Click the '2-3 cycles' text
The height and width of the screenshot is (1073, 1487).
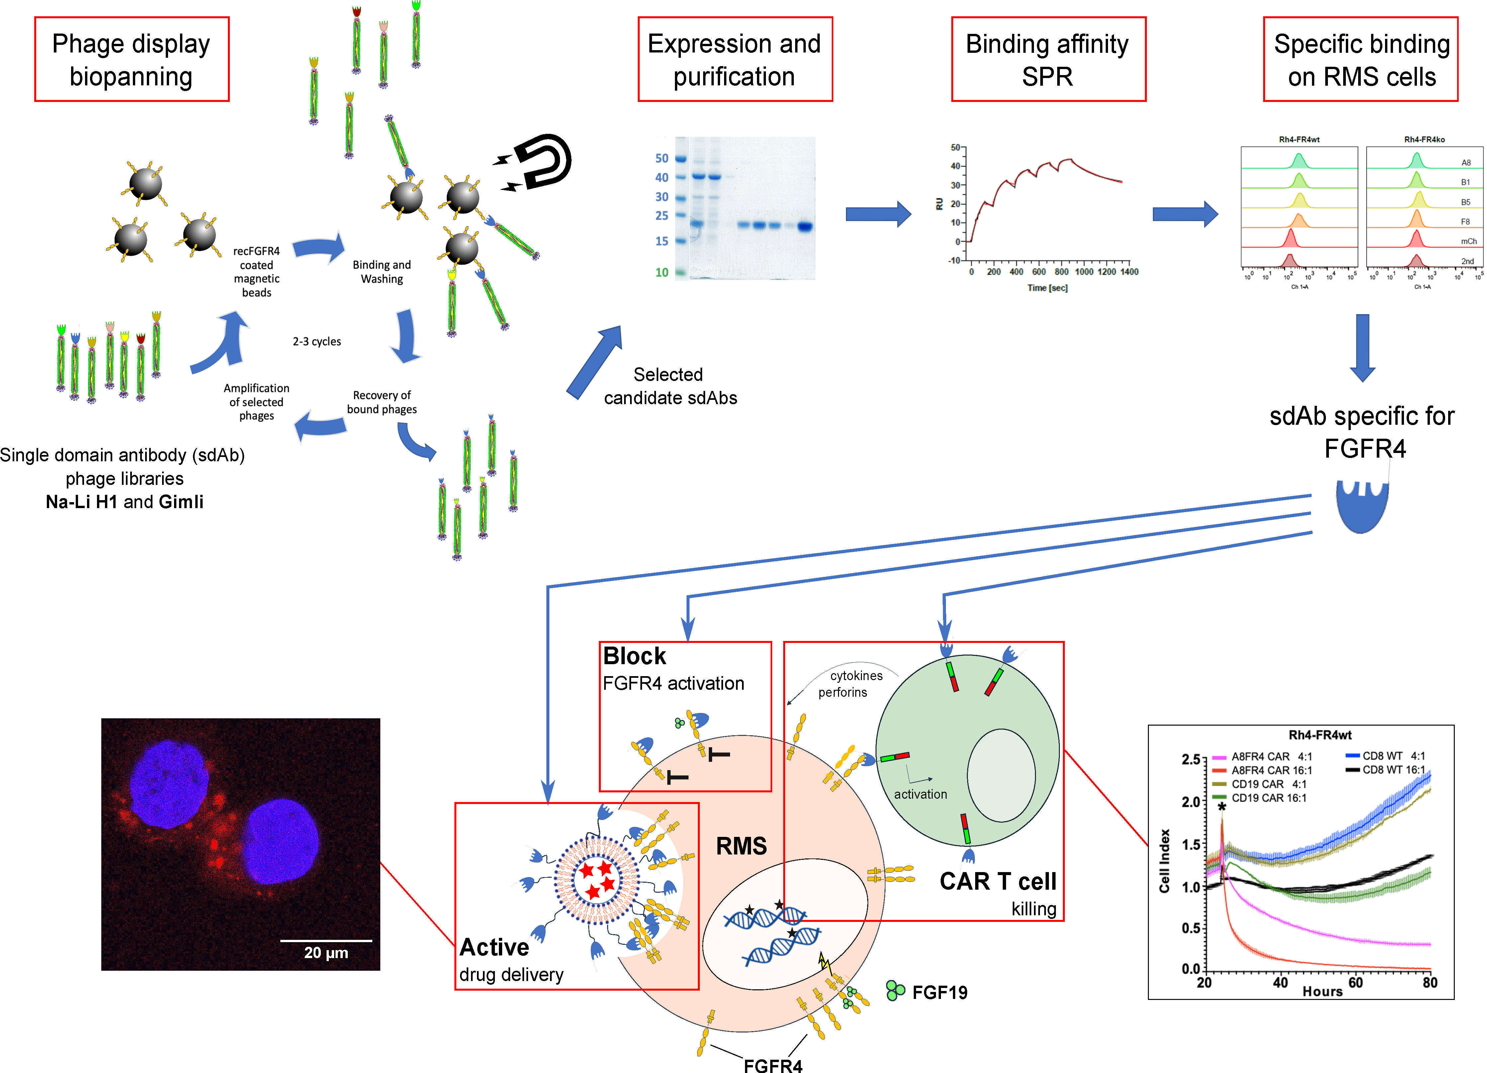[317, 341]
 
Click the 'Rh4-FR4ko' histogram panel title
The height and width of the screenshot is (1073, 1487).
[1424, 139]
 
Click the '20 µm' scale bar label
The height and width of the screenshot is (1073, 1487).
[326, 952]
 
